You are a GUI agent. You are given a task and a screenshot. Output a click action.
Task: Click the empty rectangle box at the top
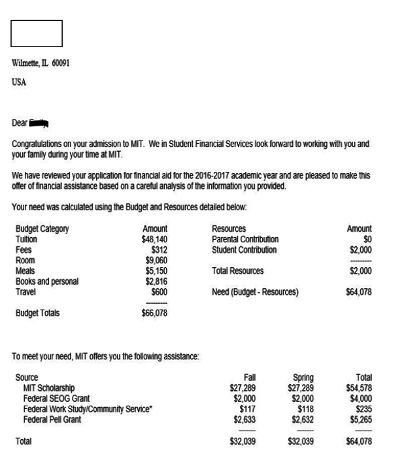click(36, 33)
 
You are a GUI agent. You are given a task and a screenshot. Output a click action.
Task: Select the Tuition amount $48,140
click(154, 240)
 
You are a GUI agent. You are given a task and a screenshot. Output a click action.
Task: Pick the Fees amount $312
click(159, 250)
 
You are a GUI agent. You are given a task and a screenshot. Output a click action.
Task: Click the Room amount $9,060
click(157, 260)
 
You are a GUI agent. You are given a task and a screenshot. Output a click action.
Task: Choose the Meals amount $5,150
click(157, 270)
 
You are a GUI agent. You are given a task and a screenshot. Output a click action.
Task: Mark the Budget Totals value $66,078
click(154, 313)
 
